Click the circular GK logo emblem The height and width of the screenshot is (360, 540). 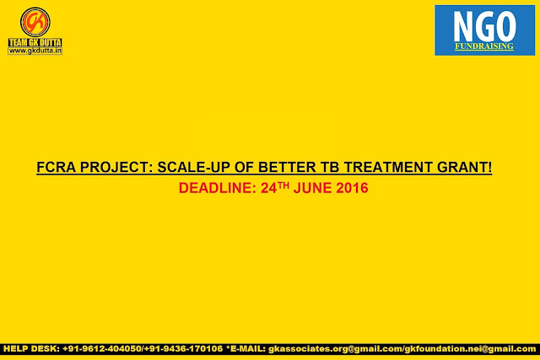pyautogui.click(x=35, y=22)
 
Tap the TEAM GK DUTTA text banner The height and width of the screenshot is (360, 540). pyautogui.click(x=35, y=42)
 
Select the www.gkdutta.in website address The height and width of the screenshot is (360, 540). pyautogui.click(x=35, y=51)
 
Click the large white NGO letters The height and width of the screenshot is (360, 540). pyautogui.click(x=484, y=26)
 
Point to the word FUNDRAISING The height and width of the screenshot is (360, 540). pyautogui.click(x=484, y=46)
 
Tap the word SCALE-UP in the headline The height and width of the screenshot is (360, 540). pyautogui.click(x=193, y=167)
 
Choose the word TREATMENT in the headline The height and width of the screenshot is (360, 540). pyautogui.click(x=388, y=167)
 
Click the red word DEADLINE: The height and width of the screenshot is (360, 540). pyautogui.click(x=218, y=188)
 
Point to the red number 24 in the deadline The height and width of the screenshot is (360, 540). pyautogui.click(x=269, y=188)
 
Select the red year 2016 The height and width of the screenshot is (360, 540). pyautogui.click(x=353, y=188)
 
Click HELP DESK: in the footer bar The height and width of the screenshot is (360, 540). pyautogui.click(x=31, y=349)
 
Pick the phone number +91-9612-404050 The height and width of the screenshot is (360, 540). pyautogui.click(x=102, y=349)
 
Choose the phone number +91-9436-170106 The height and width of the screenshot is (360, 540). pyautogui.click(x=183, y=349)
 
